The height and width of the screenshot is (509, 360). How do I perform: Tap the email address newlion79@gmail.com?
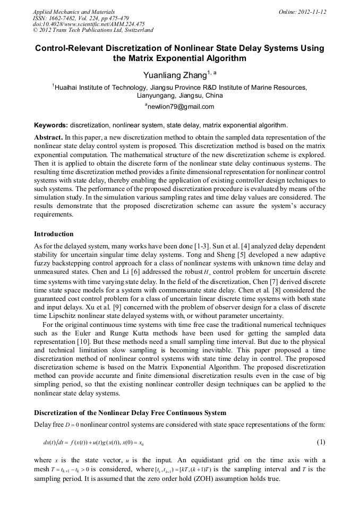pyautogui.click(x=181, y=107)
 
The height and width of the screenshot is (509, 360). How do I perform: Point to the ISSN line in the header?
pyautogui.click(x=76, y=18)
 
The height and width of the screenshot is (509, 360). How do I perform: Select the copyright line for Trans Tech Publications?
pyautogui.click(x=93, y=30)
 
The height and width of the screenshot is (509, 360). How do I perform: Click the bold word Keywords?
pyautogui.click(x=51, y=126)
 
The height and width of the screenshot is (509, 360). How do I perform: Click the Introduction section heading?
pyautogui.click(x=54, y=234)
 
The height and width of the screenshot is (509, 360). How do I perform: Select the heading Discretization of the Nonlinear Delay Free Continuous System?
pyautogui.click(x=130, y=413)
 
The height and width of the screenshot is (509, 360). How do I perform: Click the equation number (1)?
pyautogui.click(x=321, y=442)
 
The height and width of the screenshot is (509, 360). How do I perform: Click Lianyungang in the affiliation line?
pyautogui.click(x=156, y=96)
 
